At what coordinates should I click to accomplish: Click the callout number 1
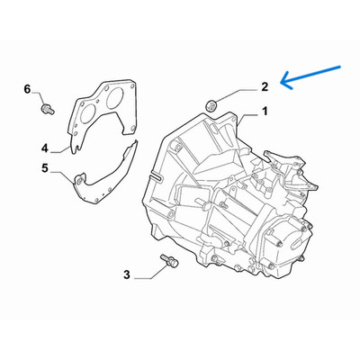(x=265, y=112)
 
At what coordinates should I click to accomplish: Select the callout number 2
(x=265, y=86)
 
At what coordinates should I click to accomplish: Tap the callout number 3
(x=127, y=274)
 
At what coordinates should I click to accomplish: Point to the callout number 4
(x=44, y=148)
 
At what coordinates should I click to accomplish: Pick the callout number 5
(x=45, y=168)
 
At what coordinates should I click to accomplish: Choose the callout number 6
(x=27, y=89)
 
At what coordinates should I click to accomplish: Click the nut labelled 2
(x=211, y=105)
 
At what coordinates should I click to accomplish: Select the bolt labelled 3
(x=170, y=260)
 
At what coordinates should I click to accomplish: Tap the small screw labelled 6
(x=48, y=109)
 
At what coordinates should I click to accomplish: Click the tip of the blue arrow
(x=281, y=82)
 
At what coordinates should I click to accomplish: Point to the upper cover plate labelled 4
(x=101, y=115)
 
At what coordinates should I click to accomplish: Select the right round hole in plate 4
(x=114, y=97)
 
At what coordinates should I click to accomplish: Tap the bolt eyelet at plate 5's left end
(x=79, y=181)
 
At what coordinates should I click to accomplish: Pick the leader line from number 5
(x=61, y=176)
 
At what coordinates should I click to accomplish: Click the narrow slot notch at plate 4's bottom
(x=77, y=148)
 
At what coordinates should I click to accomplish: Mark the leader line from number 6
(x=39, y=98)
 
